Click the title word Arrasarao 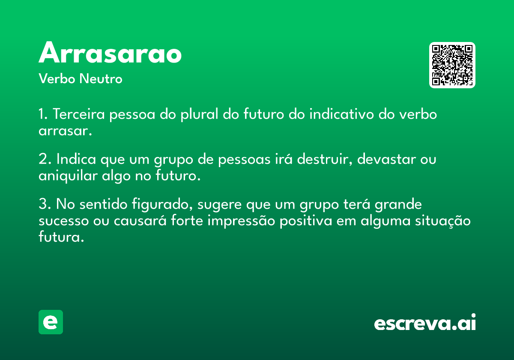[x=110, y=52]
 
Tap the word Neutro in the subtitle [x=101, y=79]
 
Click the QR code [x=452, y=65]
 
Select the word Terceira [x=79, y=114]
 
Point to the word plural [x=199, y=114]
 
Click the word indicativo [x=341, y=114]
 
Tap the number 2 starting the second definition [x=43, y=159]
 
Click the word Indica [x=76, y=159]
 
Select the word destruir [x=324, y=159]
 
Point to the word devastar [x=386, y=159]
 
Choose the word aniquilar [x=68, y=176]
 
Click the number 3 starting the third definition [x=43, y=204]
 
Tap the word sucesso [x=63, y=221]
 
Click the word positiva [x=306, y=221]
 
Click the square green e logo [x=51, y=322]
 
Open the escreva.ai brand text [x=425, y=322]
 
